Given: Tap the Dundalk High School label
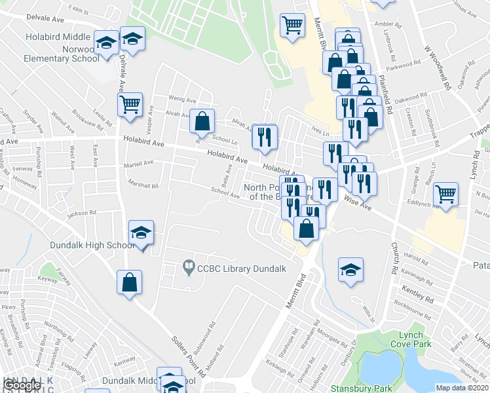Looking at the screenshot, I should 92,246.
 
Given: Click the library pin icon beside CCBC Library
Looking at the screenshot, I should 189,267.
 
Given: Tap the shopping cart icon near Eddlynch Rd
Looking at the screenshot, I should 446,195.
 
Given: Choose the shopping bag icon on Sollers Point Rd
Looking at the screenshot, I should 130,283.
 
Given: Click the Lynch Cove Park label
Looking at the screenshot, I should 411,339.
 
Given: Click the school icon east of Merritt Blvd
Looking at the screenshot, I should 350,270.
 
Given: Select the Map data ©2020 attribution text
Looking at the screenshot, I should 462,388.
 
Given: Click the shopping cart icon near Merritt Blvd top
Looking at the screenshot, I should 292,26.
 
